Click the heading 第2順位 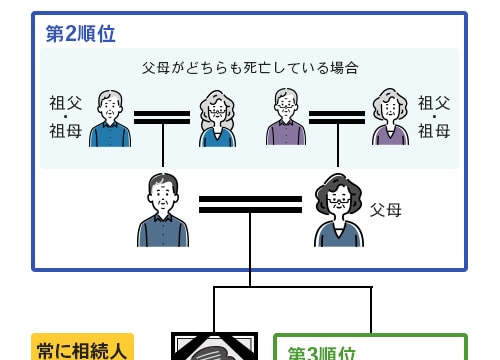pyautogui.click(x=81, y=33)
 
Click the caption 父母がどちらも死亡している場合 pyautogui.click(x=250, y=68)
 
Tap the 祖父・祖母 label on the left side pyautogui.click(x=64, y=116)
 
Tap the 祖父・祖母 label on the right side pyautogui.click(x=434, y=116)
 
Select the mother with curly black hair pyautogui.click(x=338, y=211)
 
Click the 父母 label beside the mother pyautogui.click(x=385, y=210)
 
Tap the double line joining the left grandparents pyautogui.click(x=162, y=117)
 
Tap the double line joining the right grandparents pyautogui.click(x=337, y=117)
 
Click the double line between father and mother pyautogui.click(x=250, y=204)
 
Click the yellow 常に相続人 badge pyautogui.click(x=83, y=349)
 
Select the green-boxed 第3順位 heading pyautogui.click(x=322, y=353)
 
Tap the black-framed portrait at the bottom pyautogui.click(x=214, y=347)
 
